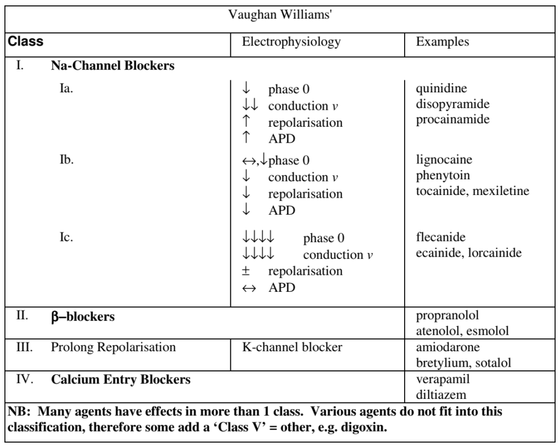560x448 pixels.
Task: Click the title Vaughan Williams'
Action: (x=280, y=15)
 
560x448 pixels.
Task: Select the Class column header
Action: (x=25, y=42)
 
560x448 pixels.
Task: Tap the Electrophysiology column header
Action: (x=291, y=42)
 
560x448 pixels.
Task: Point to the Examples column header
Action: (x=442, y=42)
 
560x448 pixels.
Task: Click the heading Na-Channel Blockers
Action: (x=113, y=66)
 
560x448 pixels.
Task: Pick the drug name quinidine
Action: (x=441, y=89)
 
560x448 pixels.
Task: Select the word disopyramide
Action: (x=452, y=104)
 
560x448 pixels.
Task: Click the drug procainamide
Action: (x=452, y=119)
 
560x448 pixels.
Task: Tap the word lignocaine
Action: (x=444, y=160)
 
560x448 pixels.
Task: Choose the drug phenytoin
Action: (x=443, y=175)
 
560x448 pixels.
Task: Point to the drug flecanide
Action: (x=441, y=237)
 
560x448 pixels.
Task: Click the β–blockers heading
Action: (x=83, y=317)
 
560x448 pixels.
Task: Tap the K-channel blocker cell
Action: (x=292, y=347)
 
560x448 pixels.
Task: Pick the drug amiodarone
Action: (x=448, y=347)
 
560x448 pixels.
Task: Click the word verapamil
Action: (x=443, y=379)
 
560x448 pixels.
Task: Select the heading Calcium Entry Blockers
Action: (x=121, y=380)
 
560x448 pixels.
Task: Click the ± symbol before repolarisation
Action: (x=246, y=271)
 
